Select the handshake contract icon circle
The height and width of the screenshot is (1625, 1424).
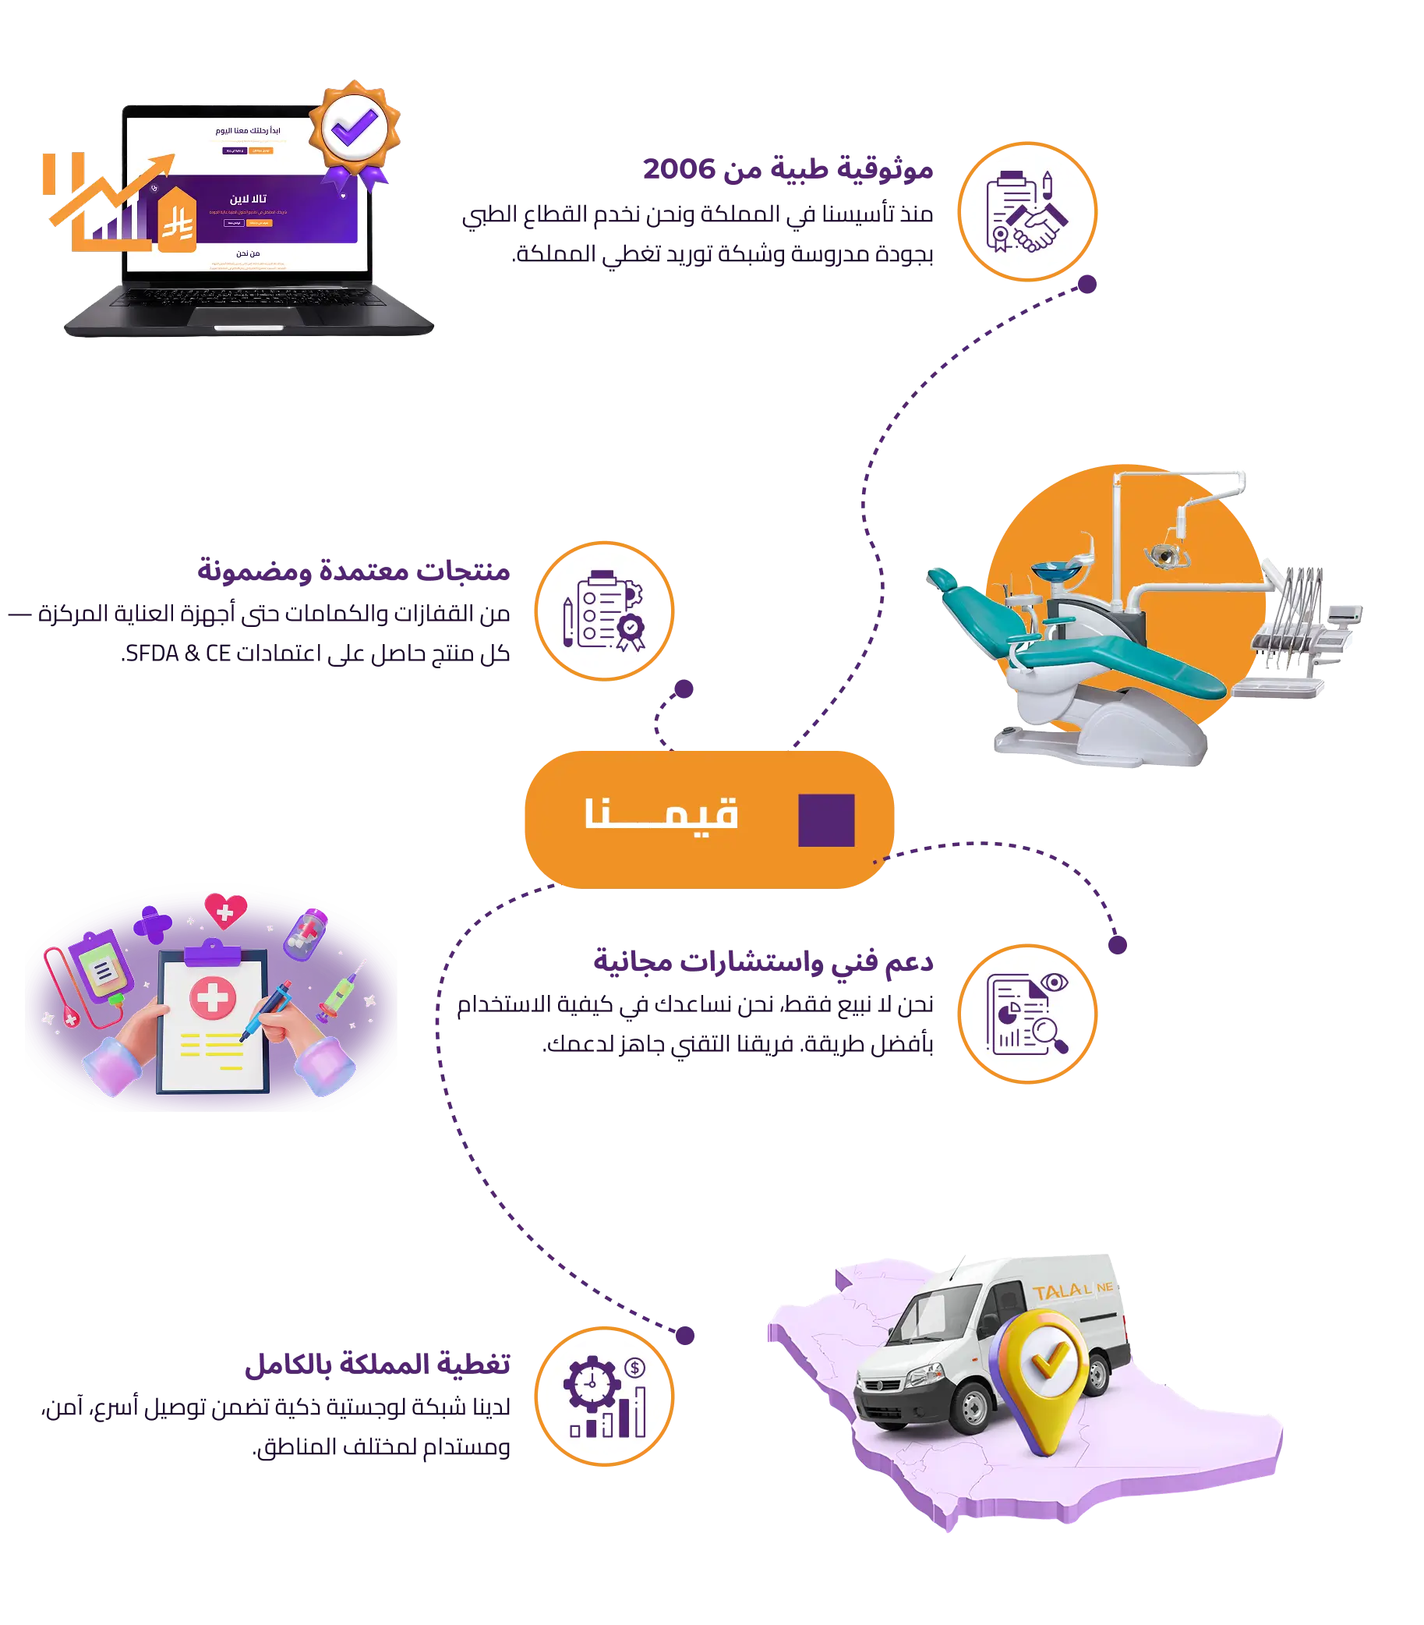click(x=1026, y=211)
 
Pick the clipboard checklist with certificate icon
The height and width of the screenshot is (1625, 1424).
click(x=604, y=611)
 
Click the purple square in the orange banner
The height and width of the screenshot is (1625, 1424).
click(x=826, y=820)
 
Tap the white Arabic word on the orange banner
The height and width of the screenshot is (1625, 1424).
click(x=662, y=813)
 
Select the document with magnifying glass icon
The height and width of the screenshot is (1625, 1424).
click(x=1026, y=1014)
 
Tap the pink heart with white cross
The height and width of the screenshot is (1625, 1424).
click(x=226, y=911)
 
